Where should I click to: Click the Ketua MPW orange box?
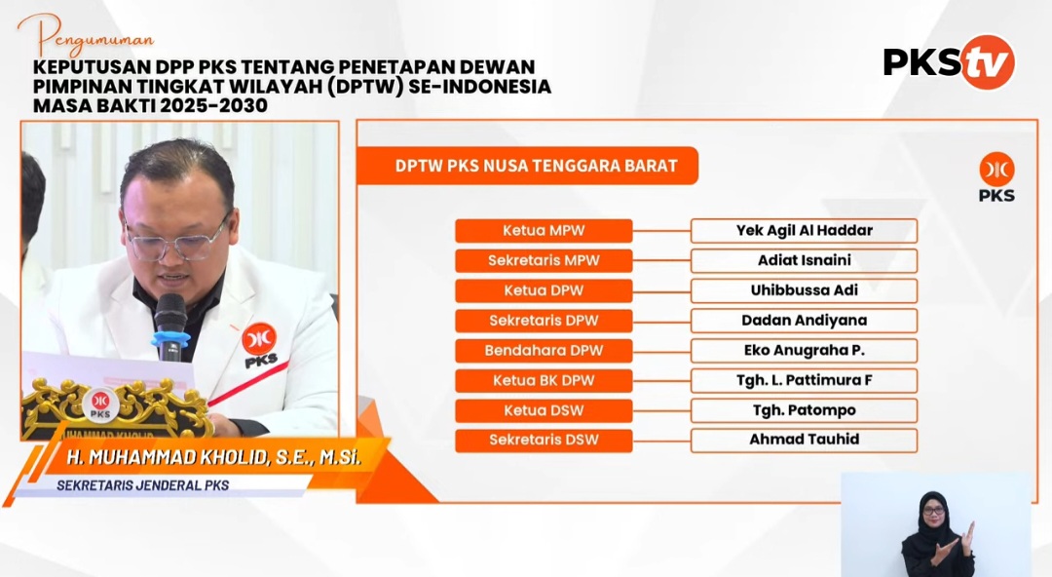(544, 230)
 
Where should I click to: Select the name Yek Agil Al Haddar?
(804, 230)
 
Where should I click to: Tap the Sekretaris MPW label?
(544, 260)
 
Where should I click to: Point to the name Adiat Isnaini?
(804, 260)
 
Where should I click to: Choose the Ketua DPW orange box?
(544, 290)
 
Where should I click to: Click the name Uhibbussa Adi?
(804, 290)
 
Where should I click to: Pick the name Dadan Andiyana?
(804, 321)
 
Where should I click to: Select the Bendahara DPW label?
(544, 351)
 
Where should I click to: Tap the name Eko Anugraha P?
(804, 351)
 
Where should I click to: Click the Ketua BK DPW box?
(544, 381)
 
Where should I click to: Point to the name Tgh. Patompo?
(804, 410)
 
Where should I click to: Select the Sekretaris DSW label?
(544, 440)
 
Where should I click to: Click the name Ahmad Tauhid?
(804, 440)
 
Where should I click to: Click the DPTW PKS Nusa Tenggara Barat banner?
(527, 166)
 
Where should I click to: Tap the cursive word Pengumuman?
(86, 37)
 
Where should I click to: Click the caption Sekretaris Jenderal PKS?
(143, 485)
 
